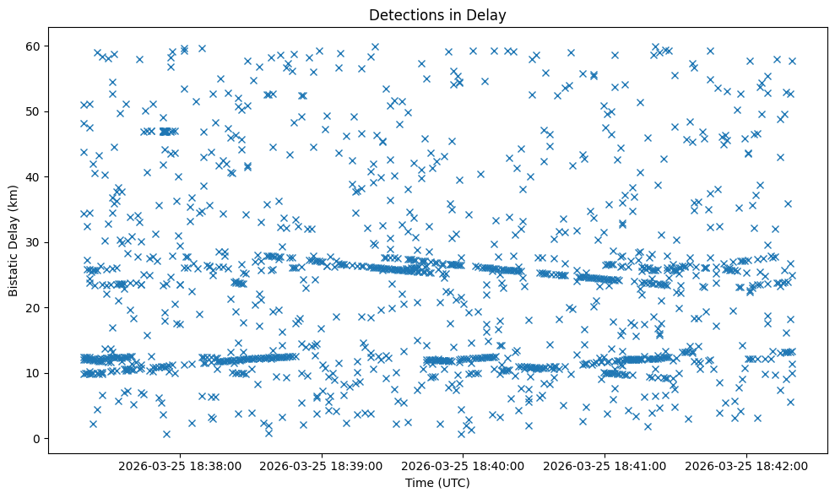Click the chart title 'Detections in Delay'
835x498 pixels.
[437, 14]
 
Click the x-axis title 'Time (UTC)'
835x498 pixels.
[437, 484]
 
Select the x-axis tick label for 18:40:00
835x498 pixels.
[464, 466]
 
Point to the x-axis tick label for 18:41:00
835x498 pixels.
[605, 466]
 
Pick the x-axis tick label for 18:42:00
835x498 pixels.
[747, 466]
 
